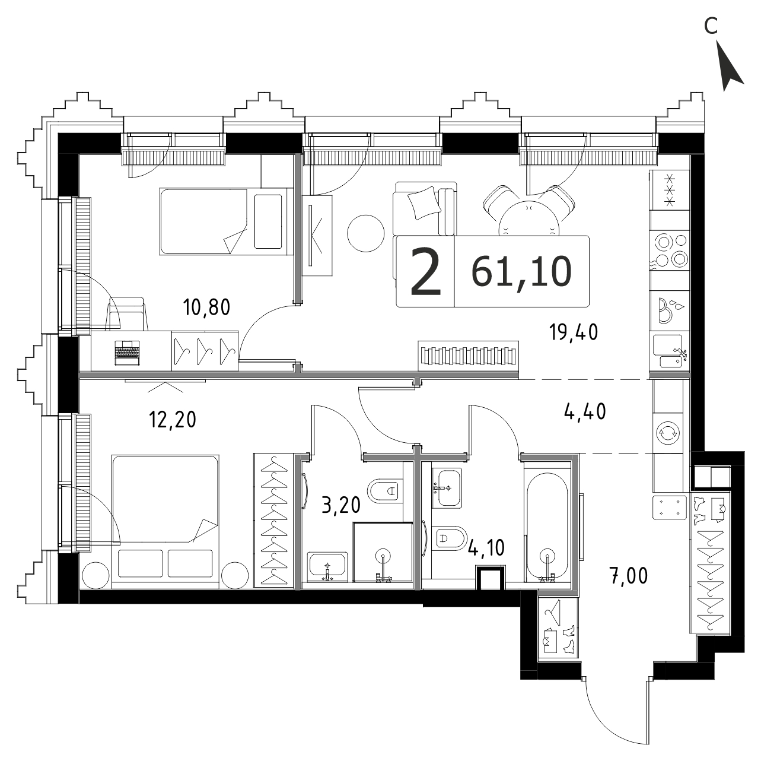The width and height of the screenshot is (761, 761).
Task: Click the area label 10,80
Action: pyautogui.click(x=206, y=307)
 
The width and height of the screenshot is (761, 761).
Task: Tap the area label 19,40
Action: pyautogui.click(x=574, y=332)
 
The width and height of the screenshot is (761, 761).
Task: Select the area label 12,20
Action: pyautogui.click(x=173, y=420)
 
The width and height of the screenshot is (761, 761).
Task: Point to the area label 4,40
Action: pyautogui.click(x=585, y=412)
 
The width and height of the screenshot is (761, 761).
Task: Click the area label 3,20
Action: pyautogui.click(x=341, y=505)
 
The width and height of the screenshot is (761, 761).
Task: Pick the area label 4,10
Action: pyautogui.click(x=486, y=548)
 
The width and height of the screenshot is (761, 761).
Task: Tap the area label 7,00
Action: pyautogui.click(x=628, y=576)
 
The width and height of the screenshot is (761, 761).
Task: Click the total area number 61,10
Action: pyautogui.click(x=521, y=271)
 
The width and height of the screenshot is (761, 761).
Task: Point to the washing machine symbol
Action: pyautogui.click(x=667, y=433)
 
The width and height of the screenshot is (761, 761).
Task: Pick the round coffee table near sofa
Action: pyautogui.click(x=366, y=233)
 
